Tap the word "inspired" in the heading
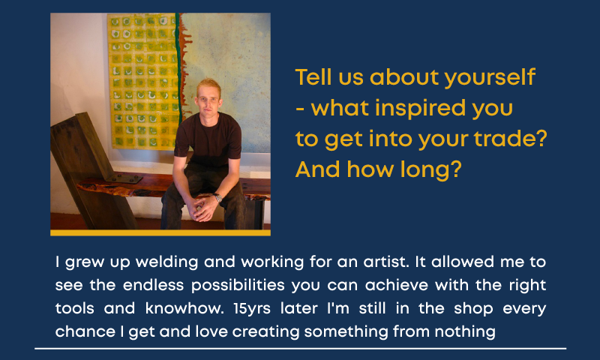pyautogui.click(x=421, y=109)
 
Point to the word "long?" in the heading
pyautogui.click(x=430, y=170)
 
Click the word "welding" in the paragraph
pyautogui.click(x=166, y=262)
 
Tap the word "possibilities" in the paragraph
pyautogui.click(x=238, y=286)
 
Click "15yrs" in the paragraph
pyautogui.click(x=252, y=309)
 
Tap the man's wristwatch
pyautogui.click(x=217, y=197)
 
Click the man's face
pyautogui.click(x=208, y=102)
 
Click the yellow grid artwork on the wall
pyautogui.click(x=142, y=81)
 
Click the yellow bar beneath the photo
pyautogui.click(x=160, y=233)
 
